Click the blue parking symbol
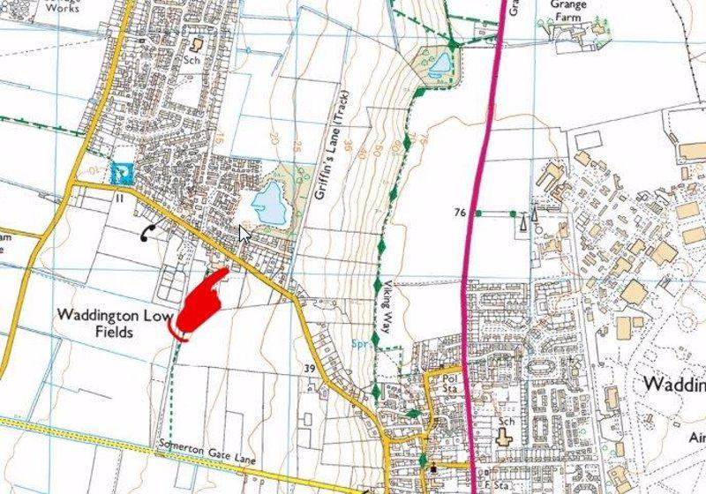click(121, 174)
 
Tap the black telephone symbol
click(146, 232)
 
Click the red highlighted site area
click(199, 304)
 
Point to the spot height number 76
click(459, 213)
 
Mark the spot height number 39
click(310, 368)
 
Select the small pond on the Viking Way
click(438, 63)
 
